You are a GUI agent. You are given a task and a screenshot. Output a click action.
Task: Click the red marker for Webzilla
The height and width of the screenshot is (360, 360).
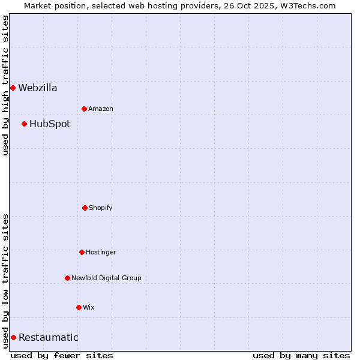[x=13, y=88]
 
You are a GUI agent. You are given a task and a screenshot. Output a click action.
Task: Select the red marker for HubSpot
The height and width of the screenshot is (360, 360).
[x=24, y=124]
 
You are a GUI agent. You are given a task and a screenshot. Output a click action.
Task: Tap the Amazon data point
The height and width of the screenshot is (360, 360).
[x=84, y=109]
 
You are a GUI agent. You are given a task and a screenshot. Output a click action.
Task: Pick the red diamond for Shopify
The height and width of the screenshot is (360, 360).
[x=85, y=208]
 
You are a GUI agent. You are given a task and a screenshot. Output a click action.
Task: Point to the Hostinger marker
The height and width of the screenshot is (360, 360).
[x=82, y=252]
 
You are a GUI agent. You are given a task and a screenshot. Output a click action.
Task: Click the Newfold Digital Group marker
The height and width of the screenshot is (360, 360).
[x=67, y=278]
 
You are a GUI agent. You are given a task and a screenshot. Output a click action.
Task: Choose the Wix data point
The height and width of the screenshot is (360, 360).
[x=79, y=307]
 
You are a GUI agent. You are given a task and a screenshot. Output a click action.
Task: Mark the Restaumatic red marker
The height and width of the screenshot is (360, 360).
[x=13, y=337]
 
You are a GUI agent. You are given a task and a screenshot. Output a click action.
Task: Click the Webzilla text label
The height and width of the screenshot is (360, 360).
[x=38, y=88]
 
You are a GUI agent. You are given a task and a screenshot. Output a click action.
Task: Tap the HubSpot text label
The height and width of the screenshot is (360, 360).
[x=50, y=124]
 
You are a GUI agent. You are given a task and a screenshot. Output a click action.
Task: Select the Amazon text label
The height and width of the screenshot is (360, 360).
[x=101, y=109]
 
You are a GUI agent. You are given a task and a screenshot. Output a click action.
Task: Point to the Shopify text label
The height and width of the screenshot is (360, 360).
[x=101, y=208]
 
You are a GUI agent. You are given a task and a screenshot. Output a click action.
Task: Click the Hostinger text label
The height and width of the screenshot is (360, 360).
[x=101, y=252]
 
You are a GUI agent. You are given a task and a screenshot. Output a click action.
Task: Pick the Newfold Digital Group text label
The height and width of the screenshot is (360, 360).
[x=106, y=278]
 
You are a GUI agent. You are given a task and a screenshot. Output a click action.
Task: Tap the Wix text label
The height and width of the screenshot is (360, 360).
[x=89, y=307]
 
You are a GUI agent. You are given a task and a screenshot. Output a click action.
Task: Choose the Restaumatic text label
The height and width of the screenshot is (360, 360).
[x=48, y=337]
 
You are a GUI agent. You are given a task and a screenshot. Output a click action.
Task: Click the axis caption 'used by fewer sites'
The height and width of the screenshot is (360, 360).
[x=62, y=355]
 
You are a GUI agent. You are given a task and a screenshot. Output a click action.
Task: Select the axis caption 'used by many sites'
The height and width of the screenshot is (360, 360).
[x=301, y=355]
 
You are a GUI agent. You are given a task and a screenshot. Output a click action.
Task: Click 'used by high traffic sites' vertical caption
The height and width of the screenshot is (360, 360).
[x=5, y=85]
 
